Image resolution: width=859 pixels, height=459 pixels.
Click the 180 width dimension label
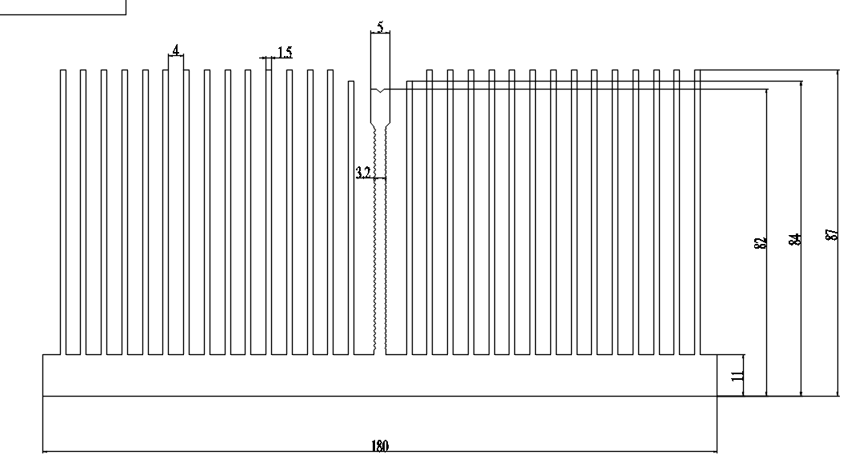click(380, 446)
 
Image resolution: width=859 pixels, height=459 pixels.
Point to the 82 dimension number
click(760, 243)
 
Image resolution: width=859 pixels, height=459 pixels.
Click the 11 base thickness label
click(737, 376)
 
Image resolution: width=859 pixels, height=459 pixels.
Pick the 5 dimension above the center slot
click(381, 26)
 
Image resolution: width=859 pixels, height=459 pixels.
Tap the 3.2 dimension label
click(363, 173)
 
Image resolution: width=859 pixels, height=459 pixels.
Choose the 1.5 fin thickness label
click(285, 53)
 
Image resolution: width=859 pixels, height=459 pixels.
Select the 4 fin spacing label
click(176, 50)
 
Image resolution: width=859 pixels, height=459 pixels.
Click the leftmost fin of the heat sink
click(63, 212)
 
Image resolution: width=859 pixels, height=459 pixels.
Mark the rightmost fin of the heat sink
click(697, 212)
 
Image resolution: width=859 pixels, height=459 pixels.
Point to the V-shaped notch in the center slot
click(381, 90)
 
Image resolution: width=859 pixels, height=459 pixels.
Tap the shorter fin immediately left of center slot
click(351, 218)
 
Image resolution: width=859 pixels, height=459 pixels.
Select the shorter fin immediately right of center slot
click(410, 218)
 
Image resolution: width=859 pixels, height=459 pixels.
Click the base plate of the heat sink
click(380, 375)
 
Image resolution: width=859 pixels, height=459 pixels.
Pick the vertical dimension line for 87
click(838, 233)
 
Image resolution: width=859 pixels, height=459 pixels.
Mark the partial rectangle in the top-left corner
click(63, 8)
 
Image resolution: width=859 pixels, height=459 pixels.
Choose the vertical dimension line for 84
click(801, 238)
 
